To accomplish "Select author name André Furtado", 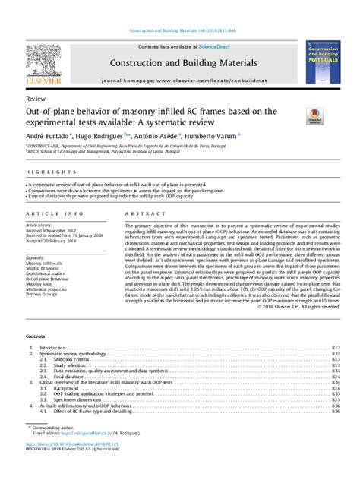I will (x=46, y=134).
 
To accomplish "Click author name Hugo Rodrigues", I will (x=104, y=134).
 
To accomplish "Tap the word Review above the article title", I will (x=35, y=99).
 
